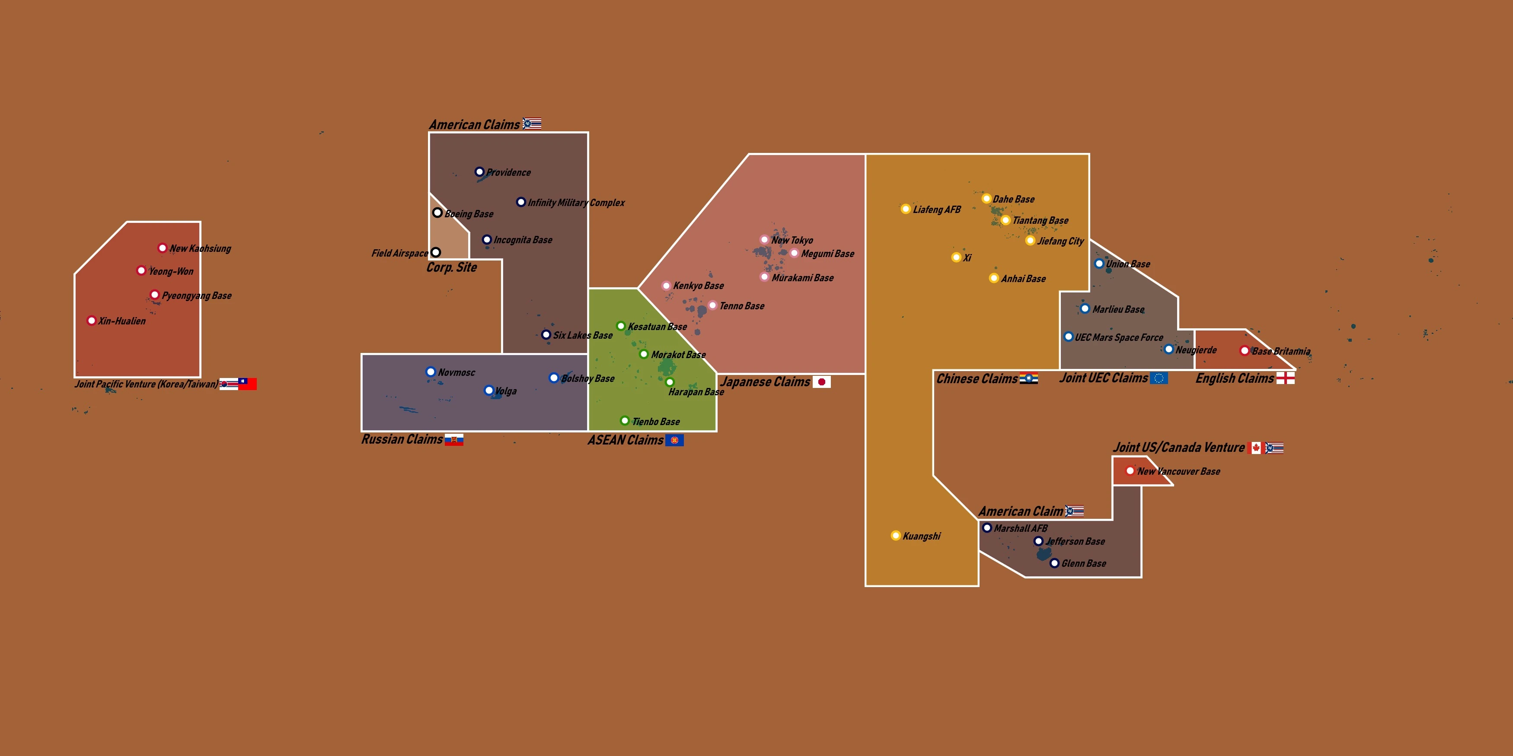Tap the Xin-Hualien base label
coord(121,321)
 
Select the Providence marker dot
coord(479,172)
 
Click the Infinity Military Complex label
coord(576,203)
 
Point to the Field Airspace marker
coord(436,252)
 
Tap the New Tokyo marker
coord(764,239)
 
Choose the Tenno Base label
coord(742,306)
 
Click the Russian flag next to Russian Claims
coord(454,440)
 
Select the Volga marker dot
coord(488,391)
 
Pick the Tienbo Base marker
coord(625,421)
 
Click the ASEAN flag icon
coord(674,440)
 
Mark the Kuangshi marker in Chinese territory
coord(896,535)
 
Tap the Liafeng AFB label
coord(937,210)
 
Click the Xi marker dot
coord(956,257)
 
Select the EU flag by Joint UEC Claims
coord(1159,378)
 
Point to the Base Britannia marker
coord(1244,350)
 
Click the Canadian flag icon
coord(1255,448)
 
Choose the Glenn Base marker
coord(1054,563)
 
